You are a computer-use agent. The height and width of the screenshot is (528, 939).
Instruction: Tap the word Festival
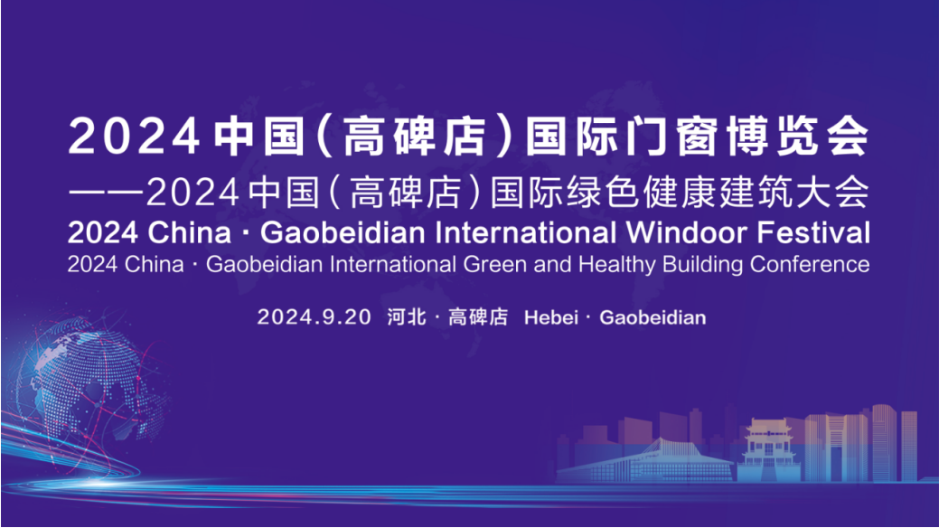coord(814,233)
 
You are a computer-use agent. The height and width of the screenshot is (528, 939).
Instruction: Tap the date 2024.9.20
coord(315,317)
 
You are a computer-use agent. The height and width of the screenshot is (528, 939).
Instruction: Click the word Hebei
coord(551,317)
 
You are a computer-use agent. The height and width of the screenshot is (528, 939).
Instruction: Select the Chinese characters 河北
coord(407,316)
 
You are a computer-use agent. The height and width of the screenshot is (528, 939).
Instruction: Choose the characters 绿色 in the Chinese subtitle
coord(603,192)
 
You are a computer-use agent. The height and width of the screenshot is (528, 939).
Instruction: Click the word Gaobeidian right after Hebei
coord(653,317)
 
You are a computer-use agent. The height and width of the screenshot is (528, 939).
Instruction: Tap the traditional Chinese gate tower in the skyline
coord(767,449)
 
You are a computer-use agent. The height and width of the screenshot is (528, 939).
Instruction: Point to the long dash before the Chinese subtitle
coord(106,193)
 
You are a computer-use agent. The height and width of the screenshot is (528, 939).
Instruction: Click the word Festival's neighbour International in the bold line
coord(526,233)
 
